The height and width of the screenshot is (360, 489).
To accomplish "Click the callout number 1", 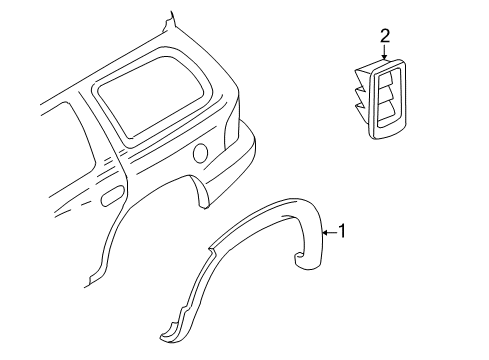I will [x=343, y=232].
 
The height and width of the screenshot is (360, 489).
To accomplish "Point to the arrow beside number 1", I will [x=328, y=232].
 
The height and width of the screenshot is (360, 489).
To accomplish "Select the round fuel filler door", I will [x=201, y=153].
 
